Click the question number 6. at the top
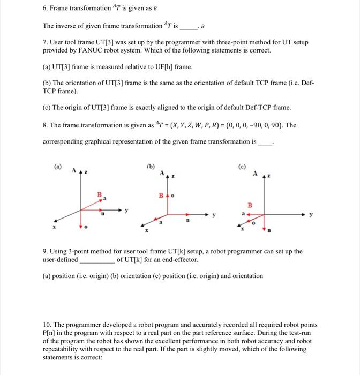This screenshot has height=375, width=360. [46, 9]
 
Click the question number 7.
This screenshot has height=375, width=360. [46, 42]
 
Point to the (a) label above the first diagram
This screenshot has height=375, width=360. [57, 167]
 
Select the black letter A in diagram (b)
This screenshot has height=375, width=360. [160, 172]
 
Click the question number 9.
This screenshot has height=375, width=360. [46, 251]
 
